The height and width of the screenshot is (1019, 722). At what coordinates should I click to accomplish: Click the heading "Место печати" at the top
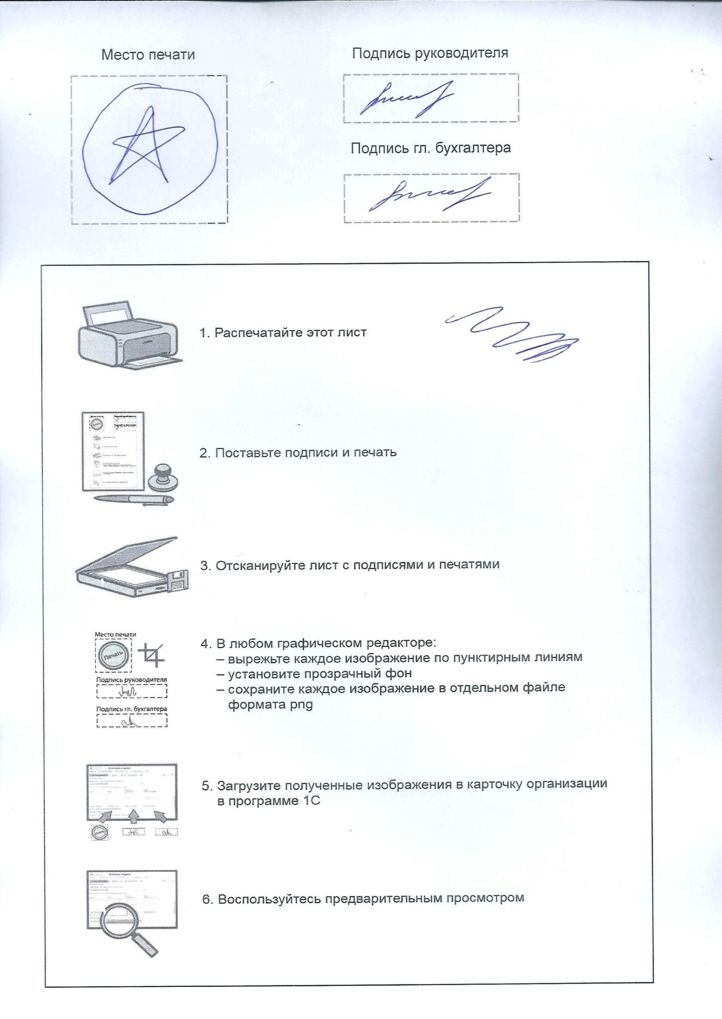pyautogui.click(x=148, y=55)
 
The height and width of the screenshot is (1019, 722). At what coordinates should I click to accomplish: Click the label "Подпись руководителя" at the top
pyautogui.click(x=430, y=53)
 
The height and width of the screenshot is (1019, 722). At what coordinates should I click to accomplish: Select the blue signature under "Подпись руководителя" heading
pyautogui.click(x=407, y=99)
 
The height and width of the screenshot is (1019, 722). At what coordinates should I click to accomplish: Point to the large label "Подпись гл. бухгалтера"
pyautogui.click(x=430, y=148)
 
